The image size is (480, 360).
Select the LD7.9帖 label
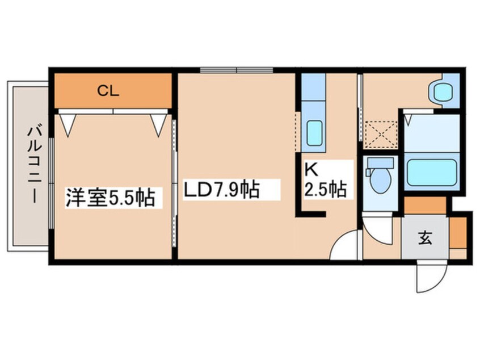[222, 189]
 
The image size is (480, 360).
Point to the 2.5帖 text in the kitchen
[325, 190]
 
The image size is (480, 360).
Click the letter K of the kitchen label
[311, 169]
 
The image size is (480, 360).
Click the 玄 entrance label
[425, 238]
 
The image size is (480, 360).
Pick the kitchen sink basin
[314, 133]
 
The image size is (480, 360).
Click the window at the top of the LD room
[237, 70]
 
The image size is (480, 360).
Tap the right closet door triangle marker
[159, 124]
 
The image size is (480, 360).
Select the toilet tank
[380, 164]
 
